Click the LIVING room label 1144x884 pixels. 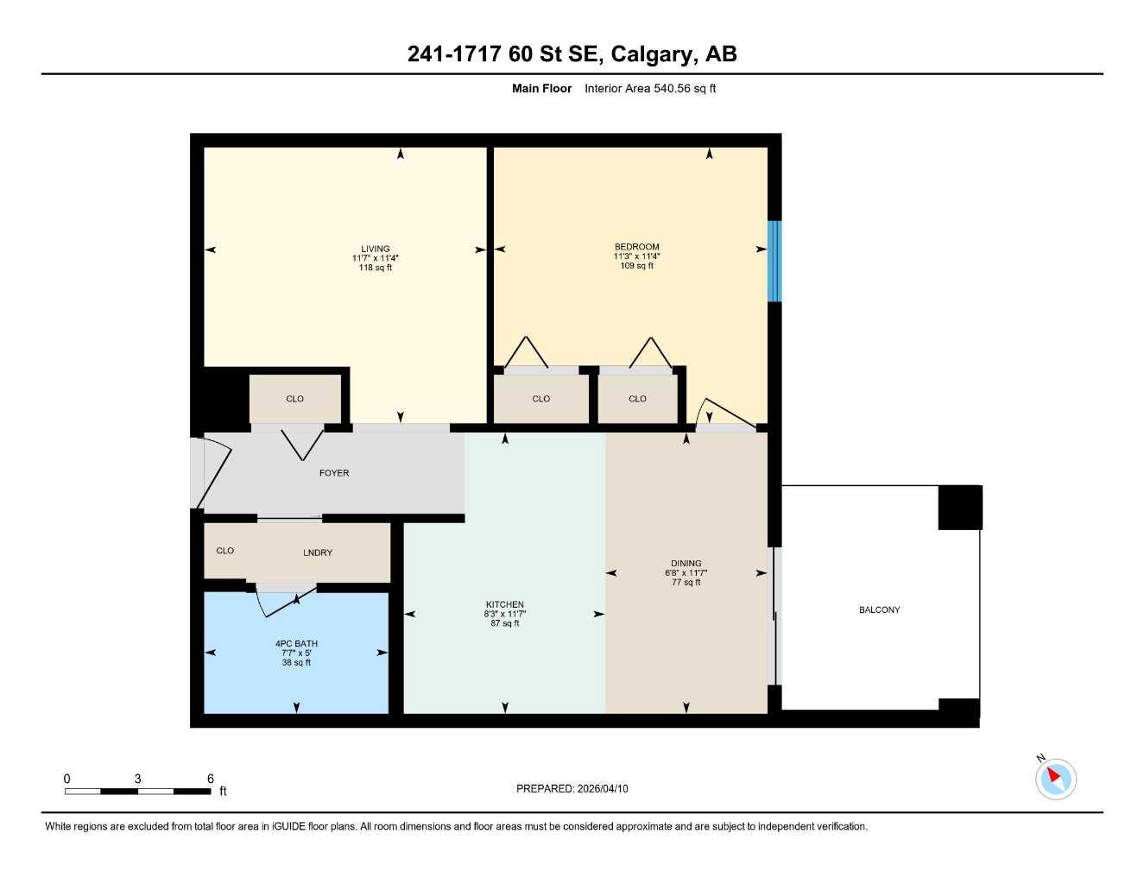[376, 249]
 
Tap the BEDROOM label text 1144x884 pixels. [636, 247]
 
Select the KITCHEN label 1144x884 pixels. [504, 604]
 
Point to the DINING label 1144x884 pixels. [686, 563]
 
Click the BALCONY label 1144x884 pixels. [879, 609]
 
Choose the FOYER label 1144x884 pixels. [334, 473]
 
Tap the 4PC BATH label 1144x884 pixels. [296, 643]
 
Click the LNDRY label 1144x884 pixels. [318, 552]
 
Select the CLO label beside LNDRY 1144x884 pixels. [225, 551]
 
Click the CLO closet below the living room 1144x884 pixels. [294, 399]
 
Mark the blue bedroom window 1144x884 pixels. [774, 261]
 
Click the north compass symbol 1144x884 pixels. [1055, 778]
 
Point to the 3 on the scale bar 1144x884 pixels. [137, 779]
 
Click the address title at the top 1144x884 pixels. [572, 54]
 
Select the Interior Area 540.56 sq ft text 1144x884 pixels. [649, 88]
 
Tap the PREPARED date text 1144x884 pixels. [572, 788]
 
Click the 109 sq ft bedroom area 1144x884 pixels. [636, 266]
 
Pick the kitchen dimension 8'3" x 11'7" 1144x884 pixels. [504, 614]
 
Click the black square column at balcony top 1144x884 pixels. [960, 508]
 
